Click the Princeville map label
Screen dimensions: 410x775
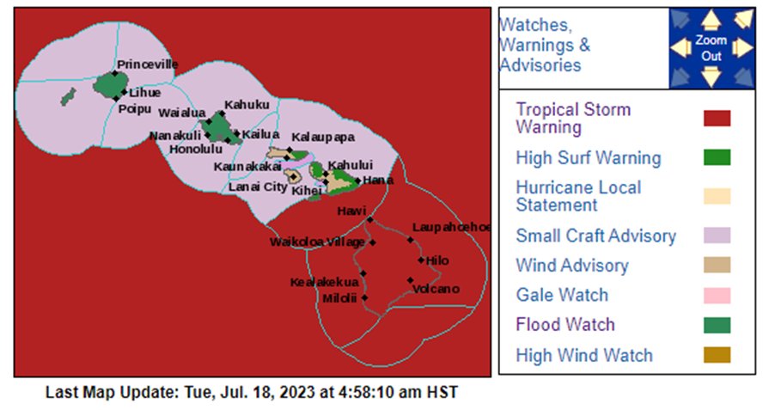(147, 64)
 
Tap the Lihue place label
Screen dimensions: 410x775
(144, 93)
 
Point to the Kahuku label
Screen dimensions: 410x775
(247, 105)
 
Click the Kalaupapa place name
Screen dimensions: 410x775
(322, 137)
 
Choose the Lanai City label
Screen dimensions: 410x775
(258, 187)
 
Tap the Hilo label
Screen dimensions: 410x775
(437, 260)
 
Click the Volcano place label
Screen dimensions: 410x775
(436, 289)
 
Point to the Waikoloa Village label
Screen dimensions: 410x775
(317, 242)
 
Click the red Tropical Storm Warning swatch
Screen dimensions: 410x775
(717, 119)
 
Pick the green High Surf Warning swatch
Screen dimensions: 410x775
(717, 157)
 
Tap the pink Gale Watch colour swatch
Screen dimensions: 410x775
(717, 296)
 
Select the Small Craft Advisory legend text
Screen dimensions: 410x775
(595, 236)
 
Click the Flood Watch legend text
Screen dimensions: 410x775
(565, 325)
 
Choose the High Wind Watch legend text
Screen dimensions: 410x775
(584, 355)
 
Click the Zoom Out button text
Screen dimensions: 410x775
(711, 48)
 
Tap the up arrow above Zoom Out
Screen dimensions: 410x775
(711, 20)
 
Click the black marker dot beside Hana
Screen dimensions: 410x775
(358, 181)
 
